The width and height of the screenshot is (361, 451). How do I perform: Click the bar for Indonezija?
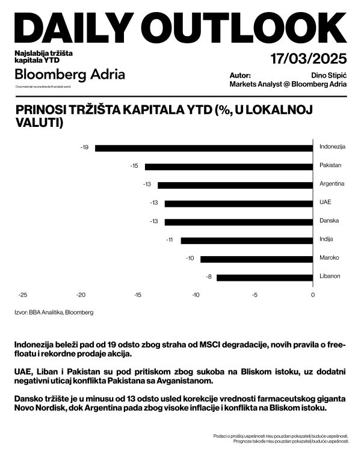(x=204, y=147)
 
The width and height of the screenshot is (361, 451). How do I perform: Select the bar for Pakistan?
(x=229, y=166)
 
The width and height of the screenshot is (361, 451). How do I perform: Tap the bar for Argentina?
(x=235, y=185)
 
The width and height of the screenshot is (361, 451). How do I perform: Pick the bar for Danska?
(x=239, y=222)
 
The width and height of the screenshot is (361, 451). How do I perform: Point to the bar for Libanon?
(x=265, y=277)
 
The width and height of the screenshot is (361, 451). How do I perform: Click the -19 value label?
(x=85, y=147)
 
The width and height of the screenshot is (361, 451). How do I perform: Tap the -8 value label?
(x=208, y=277)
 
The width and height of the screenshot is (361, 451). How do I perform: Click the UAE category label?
(x=325, y=203)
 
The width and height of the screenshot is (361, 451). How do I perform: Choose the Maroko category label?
(x=329, y=258)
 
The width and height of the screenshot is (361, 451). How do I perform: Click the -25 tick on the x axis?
(x=23, y=295)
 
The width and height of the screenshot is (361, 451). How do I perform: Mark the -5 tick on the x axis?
(x=254, y=295)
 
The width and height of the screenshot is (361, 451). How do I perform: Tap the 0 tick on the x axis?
(x=313, y=295)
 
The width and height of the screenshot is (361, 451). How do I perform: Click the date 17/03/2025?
(x=309, y=59)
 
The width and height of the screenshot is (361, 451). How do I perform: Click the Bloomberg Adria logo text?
(x=70, y=75)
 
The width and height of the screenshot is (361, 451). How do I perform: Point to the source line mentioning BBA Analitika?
(x=54, y=313)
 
